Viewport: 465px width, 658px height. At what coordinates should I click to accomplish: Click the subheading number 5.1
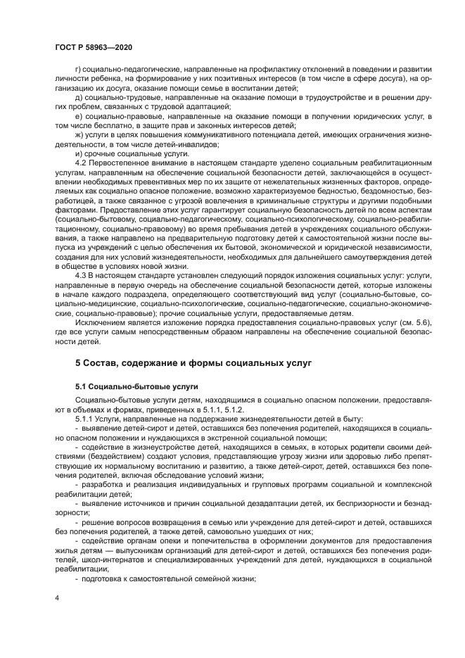82,386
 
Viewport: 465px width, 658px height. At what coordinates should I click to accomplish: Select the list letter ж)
79,134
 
